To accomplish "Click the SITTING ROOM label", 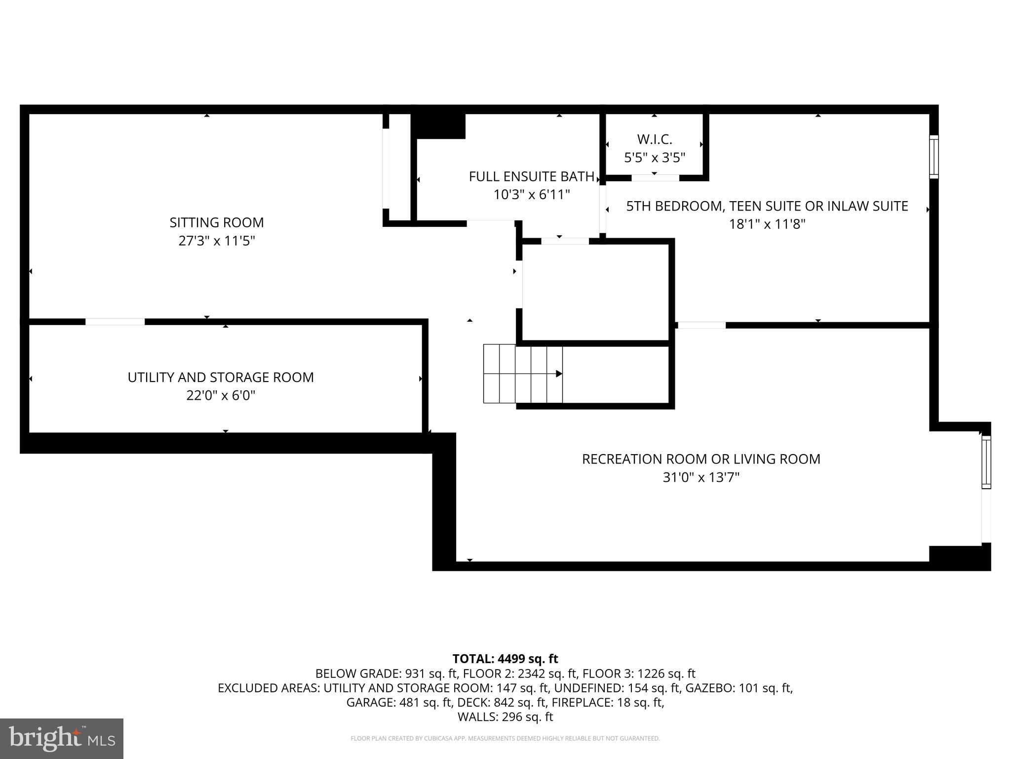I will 217,222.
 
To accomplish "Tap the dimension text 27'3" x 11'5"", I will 217,241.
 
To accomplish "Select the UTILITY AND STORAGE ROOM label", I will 221,377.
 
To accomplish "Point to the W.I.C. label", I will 655,139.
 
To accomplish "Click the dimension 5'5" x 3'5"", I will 655,158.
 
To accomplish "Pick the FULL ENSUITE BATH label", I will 532,176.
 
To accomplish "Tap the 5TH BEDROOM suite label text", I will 767,206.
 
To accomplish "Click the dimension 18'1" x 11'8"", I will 767,224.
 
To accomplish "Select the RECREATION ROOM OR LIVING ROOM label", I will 701,459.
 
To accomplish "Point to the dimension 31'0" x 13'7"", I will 701,477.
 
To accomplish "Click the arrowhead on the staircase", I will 559,374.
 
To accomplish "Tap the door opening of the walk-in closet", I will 655,178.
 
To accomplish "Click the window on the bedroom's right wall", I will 933,157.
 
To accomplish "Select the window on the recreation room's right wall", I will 986,463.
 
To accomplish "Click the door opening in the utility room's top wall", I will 115,322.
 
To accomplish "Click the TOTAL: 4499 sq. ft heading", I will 505,659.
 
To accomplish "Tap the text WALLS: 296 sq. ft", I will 505,717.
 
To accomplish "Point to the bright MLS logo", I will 62,738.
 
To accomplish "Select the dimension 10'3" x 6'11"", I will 532,195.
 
